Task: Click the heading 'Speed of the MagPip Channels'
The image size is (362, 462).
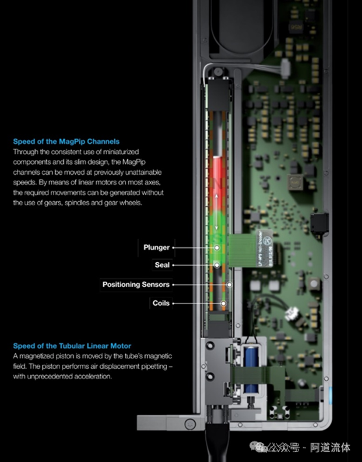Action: [x=66, y=141]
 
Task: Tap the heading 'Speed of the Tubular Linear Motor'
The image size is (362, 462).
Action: [x=72, y=346]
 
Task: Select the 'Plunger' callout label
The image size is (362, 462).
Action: [x=156, y=247]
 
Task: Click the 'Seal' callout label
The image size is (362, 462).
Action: [x=162, y=265]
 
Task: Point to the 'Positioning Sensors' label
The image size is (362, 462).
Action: [x=136, y=285]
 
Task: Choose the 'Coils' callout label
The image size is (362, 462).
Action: [x=161, y=303]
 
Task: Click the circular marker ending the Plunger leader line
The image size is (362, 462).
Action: [x=217, y=248]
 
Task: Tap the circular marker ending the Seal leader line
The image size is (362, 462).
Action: [x=217, y=265]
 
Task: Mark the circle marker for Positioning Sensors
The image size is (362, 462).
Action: [x=229, y=285]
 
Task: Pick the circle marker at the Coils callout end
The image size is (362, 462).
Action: [x=224, y=303]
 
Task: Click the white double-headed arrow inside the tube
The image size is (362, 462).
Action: [x=217, y=212]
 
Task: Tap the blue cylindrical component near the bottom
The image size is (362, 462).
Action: [x=251, y=370]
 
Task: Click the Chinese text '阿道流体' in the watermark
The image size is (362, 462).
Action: [x=330, y=448]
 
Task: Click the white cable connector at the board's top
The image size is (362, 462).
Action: [x=285, y=68]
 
